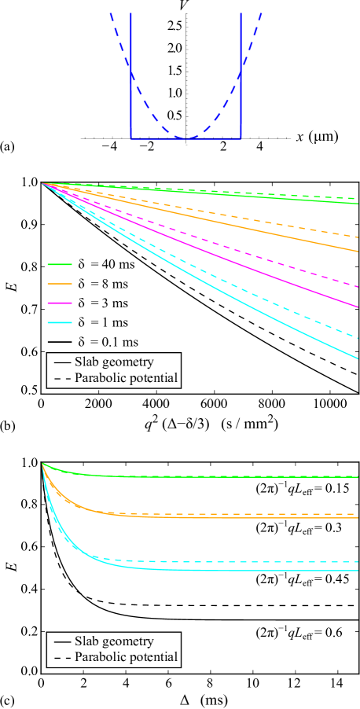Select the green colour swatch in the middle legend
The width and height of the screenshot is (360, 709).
[60, 264]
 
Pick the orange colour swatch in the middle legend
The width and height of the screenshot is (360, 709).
[60, 283]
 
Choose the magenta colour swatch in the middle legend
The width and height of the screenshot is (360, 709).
[60, 303]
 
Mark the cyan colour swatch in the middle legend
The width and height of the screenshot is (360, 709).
[60, 322]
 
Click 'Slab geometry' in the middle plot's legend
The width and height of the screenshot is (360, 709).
[113, 362]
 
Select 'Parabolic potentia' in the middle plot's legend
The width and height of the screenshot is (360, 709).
[123, 378]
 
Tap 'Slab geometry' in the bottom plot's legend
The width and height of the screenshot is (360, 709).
[113, 641]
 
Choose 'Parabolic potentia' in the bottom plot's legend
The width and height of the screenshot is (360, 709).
[123, 657]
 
